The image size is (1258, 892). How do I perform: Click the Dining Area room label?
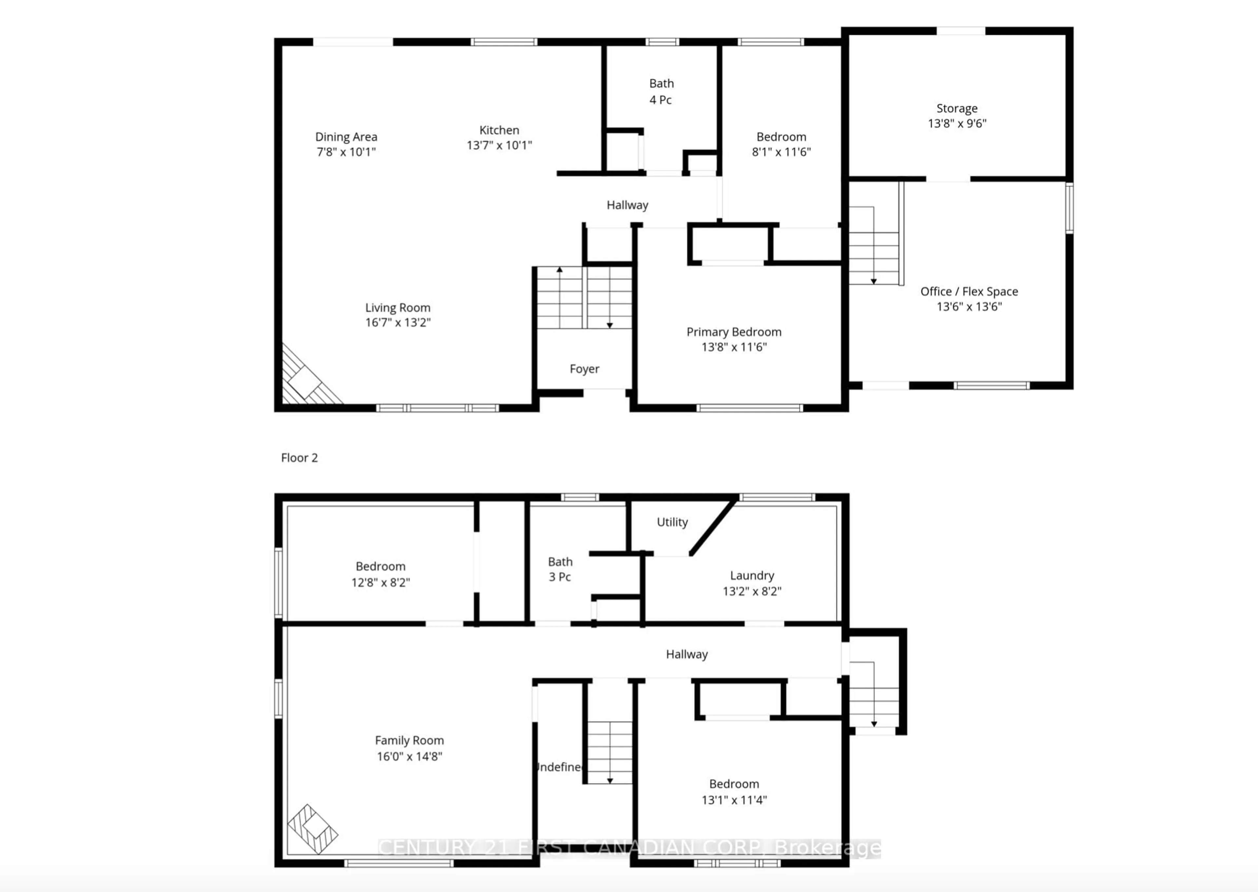(346, 137)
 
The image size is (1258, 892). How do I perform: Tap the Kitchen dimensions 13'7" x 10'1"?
(499, 145)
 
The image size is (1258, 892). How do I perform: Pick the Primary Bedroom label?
(734, 332)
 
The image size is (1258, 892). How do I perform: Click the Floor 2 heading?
(299, 458)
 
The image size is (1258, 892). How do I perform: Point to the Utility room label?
(672, 522)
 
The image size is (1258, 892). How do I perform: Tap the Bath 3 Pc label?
(560, 569)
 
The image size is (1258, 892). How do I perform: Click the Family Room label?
(409, 740)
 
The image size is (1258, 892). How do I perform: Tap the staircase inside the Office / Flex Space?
(873, 247)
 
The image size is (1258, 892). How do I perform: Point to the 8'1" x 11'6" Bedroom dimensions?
(781, 152)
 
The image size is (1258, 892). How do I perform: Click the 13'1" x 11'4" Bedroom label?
(734, 784)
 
